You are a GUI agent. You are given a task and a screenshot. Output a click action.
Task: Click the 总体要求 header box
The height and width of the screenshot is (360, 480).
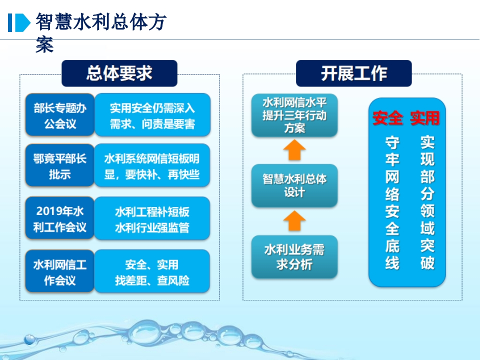[119, 73]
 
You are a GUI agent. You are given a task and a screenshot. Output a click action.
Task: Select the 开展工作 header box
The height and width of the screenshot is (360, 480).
[354, 73]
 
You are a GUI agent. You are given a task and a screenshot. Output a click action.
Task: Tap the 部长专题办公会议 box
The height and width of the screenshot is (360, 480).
[60, 115]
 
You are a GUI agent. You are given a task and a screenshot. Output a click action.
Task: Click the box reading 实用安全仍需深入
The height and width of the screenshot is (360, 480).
[152, 115]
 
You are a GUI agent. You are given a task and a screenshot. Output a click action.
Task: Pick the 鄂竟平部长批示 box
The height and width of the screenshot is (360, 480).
[60, 165]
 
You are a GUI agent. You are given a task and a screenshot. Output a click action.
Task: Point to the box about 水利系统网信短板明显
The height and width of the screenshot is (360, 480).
[152, 165]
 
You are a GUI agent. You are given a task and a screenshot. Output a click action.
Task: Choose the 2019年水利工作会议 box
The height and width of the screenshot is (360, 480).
[60, 218]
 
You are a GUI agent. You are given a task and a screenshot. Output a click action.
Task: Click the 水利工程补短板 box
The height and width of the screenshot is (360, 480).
[152, 218]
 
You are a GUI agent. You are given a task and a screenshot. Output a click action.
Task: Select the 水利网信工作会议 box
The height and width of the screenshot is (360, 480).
[60, 271]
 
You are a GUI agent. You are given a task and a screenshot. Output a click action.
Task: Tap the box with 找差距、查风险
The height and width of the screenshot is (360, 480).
[152, 271]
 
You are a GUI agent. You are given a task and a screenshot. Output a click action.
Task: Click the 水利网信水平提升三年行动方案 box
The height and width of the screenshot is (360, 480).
[294, 115]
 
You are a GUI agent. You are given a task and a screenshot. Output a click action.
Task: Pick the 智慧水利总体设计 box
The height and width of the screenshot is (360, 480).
[294, 185]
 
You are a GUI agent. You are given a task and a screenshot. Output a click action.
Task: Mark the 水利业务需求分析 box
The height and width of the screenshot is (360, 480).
[294, 256]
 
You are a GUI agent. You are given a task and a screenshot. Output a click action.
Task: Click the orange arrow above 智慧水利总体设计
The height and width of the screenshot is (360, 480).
[294, 150]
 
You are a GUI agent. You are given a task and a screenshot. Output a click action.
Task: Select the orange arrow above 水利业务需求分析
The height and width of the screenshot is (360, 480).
[294, 221]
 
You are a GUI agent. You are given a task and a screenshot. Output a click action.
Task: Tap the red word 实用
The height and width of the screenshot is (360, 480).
[425, 118]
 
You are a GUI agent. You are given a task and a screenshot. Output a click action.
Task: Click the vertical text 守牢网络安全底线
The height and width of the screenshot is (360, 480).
[392, 203]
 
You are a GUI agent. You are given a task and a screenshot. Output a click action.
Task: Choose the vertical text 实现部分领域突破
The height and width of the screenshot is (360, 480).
[427, 203]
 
